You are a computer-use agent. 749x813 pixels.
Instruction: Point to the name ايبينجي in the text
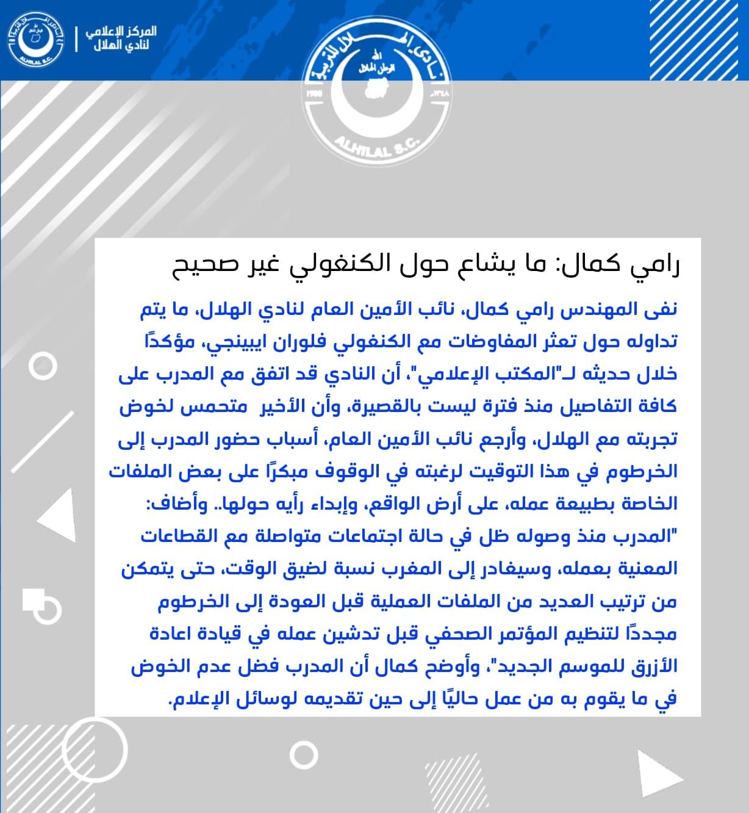244,341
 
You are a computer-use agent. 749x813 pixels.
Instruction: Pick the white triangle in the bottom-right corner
659,775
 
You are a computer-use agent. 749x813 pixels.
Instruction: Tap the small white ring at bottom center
303,754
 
